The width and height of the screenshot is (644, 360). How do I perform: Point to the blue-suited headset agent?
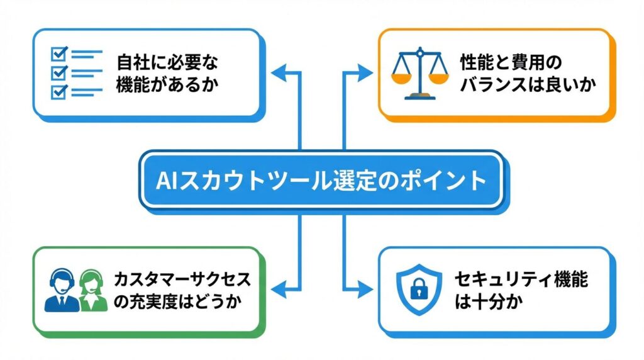tap(62, 290)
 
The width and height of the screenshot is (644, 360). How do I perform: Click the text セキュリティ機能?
tap(521, 279)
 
